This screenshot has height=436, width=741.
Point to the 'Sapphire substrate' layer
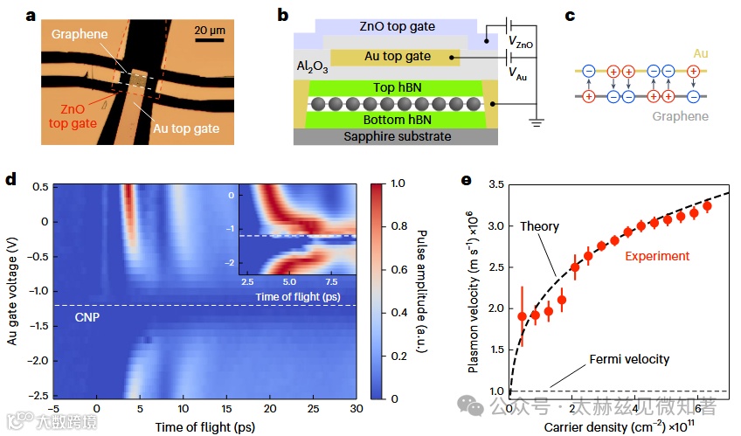click(398, 136)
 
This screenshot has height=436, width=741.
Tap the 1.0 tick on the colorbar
click(396, 185)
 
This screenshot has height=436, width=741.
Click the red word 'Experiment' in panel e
click(657, 256)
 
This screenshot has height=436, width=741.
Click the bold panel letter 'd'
click(12, 180)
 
